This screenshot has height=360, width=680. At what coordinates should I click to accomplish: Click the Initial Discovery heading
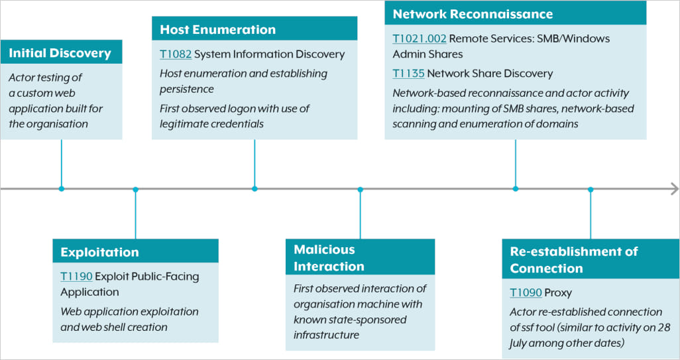60,53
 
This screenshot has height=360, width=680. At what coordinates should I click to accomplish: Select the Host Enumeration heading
218,30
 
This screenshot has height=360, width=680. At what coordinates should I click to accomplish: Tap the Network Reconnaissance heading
473,14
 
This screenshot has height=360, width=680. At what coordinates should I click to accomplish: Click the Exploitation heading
100,252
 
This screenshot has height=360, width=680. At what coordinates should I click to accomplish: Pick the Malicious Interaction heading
329,258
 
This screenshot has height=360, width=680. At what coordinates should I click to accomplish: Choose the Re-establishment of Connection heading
574,259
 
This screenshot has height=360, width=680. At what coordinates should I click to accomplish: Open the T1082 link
175,54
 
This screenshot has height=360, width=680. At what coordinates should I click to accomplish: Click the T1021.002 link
419,38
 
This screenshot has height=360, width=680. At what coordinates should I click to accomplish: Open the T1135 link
408,74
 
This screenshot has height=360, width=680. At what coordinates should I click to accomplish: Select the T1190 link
76,276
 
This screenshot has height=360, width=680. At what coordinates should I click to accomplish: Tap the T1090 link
526,292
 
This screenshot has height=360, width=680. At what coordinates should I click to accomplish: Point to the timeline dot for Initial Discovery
62,189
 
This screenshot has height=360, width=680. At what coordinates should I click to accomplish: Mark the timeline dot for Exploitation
135,190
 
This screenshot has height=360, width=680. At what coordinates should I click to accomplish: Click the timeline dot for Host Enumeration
255,189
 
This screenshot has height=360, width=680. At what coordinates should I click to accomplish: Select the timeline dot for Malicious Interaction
360,190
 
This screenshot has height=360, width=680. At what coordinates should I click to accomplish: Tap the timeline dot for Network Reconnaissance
516,189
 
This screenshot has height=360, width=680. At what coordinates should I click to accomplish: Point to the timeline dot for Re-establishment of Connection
591,190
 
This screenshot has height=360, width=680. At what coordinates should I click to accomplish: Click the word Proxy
558,292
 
